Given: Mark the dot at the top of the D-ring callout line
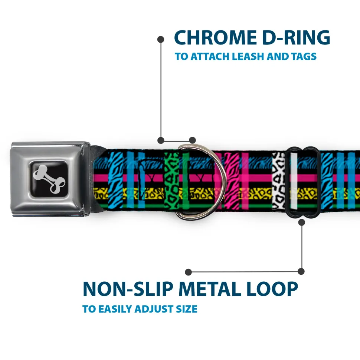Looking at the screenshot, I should click(161, 39).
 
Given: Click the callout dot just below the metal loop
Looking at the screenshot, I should click(301, 222).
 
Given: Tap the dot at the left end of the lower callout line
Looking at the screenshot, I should click(189, 272).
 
